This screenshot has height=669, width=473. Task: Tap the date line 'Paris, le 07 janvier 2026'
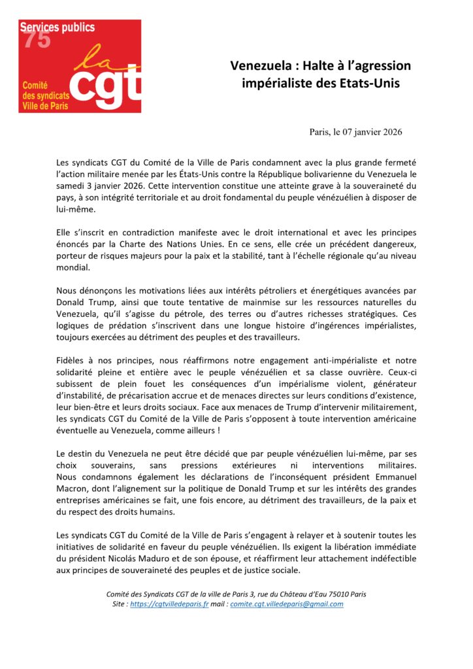point(355,131)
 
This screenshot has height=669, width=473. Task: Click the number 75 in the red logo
point(37,39)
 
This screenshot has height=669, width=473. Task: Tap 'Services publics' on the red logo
point(57,27)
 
